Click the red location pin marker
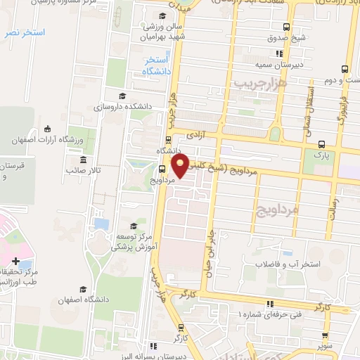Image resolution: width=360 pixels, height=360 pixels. tap(180, 166)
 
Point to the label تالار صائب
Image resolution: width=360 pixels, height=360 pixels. tap(84, 169)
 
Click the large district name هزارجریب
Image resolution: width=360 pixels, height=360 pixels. tap(260, 84)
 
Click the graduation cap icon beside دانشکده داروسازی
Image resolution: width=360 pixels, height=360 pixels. tap(122, 96)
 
